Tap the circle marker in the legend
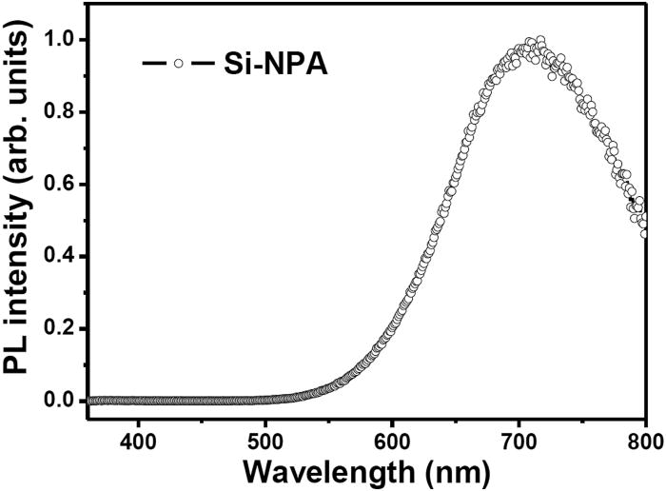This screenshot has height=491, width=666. pyautogui.click(x=177, y=64)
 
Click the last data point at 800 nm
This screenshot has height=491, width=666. pyautogui.click(x=645, y=231)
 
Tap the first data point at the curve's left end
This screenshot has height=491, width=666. pyautogui.click(x=89, y=401)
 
